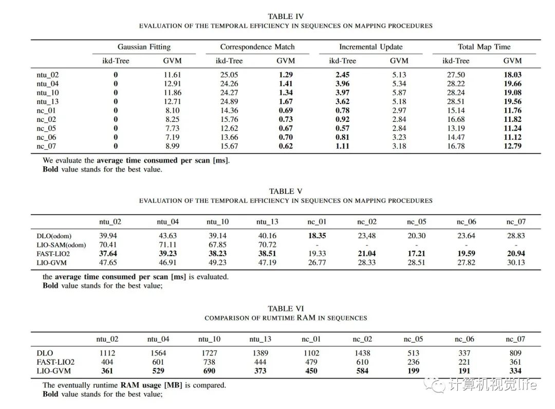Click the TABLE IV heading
click(x=285, y=16)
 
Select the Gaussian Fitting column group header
click(x=144, y=47)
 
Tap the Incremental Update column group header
click(x=370, y=47)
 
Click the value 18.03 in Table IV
click(x=512, y=75)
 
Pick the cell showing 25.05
click(x=229, y=75)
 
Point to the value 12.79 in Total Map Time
click(x=512, y=146)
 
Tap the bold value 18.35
click(x=317, y=236)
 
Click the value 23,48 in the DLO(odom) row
click(x=366, y=236)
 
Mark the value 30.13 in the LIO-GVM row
click(x=515, y=262)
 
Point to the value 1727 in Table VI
click(x=209, y=353)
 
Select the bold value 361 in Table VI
click(x=107, y=370)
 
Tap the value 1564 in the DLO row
click(x=158, y=353)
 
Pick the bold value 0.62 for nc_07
click(x=285, y=146)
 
